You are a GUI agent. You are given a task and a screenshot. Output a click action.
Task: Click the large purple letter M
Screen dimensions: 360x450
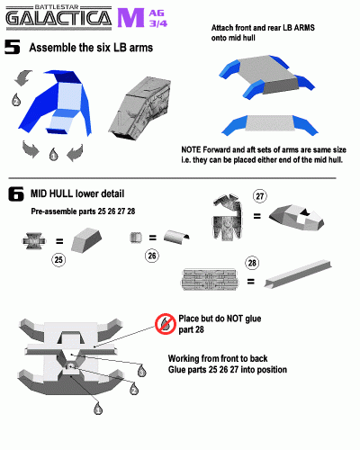point(130,18)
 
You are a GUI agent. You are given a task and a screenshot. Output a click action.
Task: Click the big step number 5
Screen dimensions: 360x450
point(13,47)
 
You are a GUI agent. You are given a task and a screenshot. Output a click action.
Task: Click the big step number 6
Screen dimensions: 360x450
point(16,193)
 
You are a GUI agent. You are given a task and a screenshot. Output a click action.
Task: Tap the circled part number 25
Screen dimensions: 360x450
point(58,259)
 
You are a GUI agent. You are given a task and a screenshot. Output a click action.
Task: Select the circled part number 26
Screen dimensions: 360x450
point(152,256)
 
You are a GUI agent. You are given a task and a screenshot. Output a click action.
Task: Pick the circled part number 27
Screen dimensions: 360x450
point(260,196)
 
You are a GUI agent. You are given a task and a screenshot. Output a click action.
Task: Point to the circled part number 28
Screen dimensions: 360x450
point(252,263)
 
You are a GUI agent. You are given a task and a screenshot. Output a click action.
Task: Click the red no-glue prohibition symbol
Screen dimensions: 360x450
point(166,324)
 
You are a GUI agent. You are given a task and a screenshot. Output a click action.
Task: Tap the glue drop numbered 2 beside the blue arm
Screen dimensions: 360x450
point(16,100)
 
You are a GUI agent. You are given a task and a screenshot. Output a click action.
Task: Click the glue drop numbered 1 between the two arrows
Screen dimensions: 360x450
point(53,154)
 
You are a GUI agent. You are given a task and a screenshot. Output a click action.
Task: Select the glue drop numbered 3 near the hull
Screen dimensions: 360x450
point(142,371)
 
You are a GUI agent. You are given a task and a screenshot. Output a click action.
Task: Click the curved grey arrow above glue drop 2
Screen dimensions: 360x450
point(22,77)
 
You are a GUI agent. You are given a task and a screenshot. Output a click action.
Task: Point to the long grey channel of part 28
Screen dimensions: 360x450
point(298,274)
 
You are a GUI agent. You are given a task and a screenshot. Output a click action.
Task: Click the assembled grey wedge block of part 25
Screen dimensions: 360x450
point(86,239)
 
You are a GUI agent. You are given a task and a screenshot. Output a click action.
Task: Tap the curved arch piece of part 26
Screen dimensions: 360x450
point(176,237)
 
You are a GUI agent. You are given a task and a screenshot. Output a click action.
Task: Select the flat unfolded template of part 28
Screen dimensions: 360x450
point(210,280)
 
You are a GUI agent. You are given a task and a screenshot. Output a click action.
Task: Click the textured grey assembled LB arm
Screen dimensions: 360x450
point(139,109)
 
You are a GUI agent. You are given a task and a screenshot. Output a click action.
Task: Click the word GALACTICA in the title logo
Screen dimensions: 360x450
point(58,18)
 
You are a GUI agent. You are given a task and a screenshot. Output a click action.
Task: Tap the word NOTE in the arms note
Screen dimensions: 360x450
point(191,149)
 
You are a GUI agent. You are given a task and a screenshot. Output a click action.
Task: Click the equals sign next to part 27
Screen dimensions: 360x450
point(257,216)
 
